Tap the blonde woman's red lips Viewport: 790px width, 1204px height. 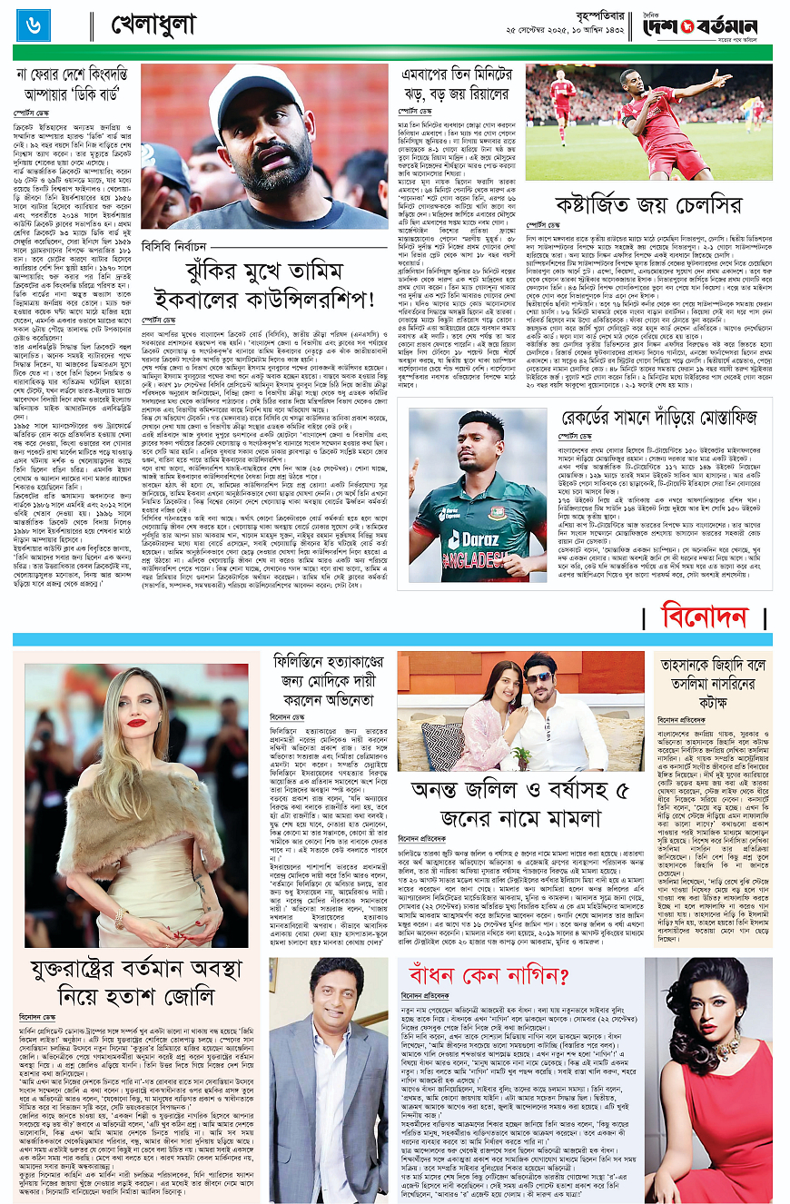point(136,723)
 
